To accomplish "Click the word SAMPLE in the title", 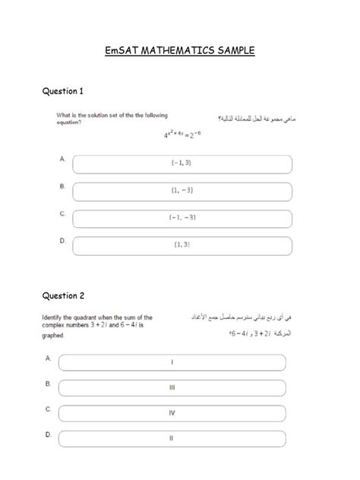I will (235, 52).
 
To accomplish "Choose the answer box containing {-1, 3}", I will (182, 163).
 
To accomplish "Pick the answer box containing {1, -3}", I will (182, 191).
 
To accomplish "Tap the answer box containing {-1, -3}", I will (182, 218).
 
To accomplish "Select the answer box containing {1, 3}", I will (182, 245).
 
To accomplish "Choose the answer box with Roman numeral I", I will (172, 362).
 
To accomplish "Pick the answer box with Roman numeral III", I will (172, 387).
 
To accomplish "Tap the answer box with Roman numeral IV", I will (172, 413).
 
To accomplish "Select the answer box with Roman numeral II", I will (172, 438).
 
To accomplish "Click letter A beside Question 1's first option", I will (62, 159).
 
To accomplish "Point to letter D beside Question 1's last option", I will (62, 240).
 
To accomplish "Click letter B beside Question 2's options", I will (49, 384).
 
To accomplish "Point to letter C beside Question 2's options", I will (49, 409).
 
